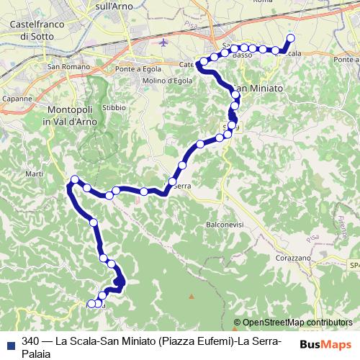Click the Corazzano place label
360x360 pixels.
pyautogui.click(x=292, y=257)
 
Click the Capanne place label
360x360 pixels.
pyautogui.click(x=17, y=98)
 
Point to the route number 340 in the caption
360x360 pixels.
pyautogui.click(x=30, y=341)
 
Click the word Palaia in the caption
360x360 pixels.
pyautogui.click(x=37, y=354)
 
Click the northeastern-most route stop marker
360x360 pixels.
pyautogui.click(x=291, y=38)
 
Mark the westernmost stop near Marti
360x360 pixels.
pyautogui.click(x=75, y=179)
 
